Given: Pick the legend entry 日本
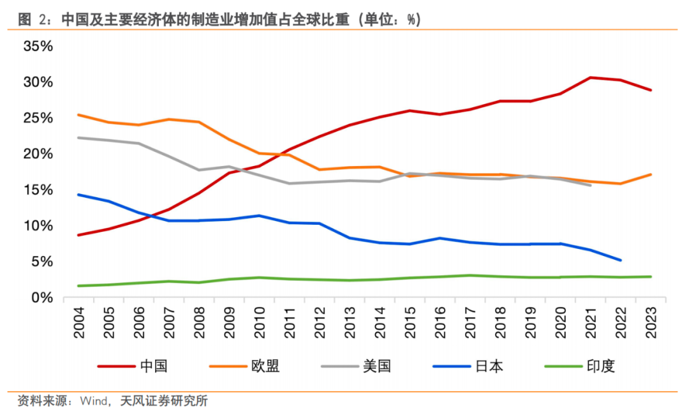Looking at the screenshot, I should tap(489, 366).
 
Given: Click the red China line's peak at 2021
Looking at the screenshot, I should tap(590, 77).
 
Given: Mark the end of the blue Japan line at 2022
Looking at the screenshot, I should tap(620, 260).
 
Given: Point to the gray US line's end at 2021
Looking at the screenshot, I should tap(590, 185).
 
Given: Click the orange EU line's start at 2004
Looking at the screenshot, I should tap(78, 115).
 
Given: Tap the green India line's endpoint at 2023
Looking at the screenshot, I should tap(651, 276).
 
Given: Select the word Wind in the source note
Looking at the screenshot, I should tap(94, 402).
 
